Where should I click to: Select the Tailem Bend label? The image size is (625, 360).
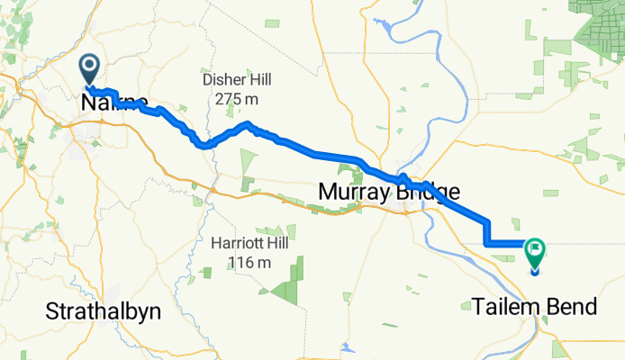[x=535, y=307]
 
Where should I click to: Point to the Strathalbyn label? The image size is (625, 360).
[x=104, y=311]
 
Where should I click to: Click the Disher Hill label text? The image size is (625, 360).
[x=238, y=80]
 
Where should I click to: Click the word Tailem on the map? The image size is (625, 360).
[x=504, y=307]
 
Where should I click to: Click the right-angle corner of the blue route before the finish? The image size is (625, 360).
[x=487, y=243]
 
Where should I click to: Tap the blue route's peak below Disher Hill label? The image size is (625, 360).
[x=248, y=123]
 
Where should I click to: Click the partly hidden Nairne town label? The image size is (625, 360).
[x=113, y=103]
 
